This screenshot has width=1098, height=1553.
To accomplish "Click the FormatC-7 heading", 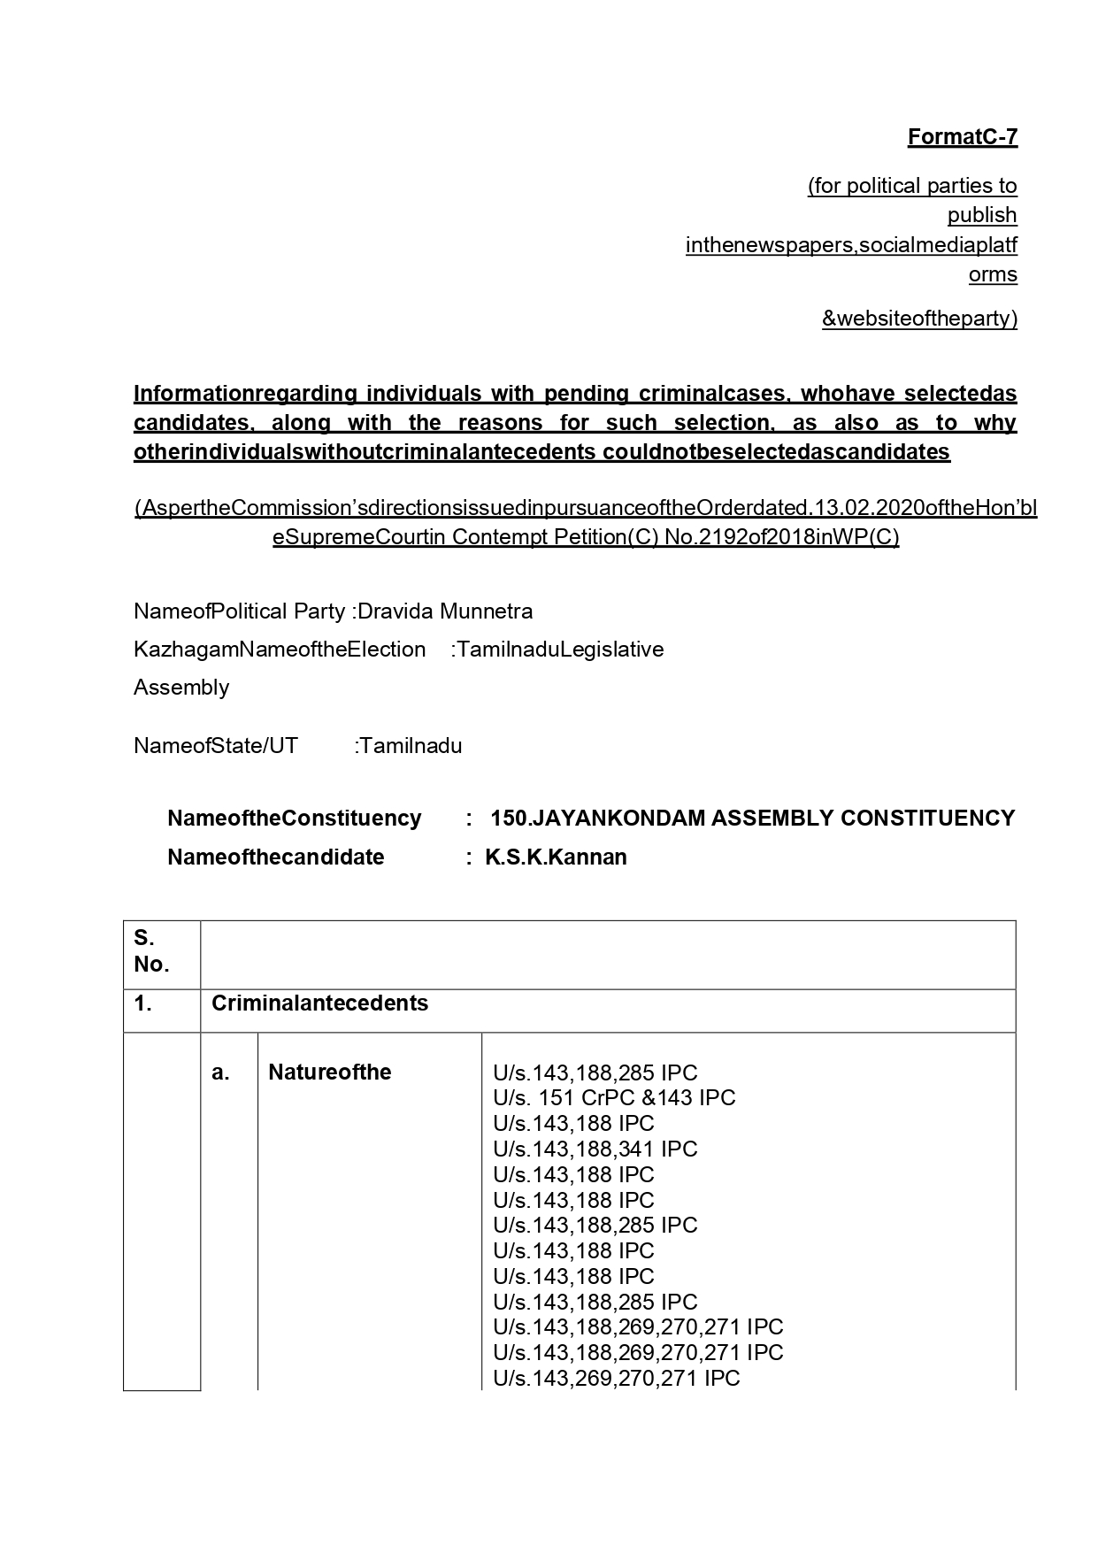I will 962,137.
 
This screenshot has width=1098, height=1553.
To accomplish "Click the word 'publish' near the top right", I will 981,215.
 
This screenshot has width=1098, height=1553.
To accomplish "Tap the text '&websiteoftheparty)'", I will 919,319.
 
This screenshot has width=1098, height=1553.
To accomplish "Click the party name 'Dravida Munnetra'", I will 445,611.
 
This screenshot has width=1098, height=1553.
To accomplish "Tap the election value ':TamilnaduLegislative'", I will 557,650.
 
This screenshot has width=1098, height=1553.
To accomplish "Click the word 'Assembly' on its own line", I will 181,688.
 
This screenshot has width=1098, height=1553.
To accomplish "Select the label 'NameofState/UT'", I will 216,746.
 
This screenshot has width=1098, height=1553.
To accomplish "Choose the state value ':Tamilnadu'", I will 409,746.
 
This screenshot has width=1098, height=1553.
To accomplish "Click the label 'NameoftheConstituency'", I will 294,819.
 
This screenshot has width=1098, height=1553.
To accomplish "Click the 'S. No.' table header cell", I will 151,952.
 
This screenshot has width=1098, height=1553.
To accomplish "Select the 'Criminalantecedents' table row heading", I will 319,1003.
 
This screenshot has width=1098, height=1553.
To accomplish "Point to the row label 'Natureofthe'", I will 329,1072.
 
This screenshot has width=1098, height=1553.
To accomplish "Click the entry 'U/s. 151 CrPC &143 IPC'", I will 614,1098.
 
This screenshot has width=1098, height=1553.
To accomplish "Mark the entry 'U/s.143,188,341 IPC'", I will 595,1149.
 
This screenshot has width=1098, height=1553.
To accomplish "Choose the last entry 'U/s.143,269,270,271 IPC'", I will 616,1378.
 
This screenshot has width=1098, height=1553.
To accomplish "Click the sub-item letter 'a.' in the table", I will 220,1073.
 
